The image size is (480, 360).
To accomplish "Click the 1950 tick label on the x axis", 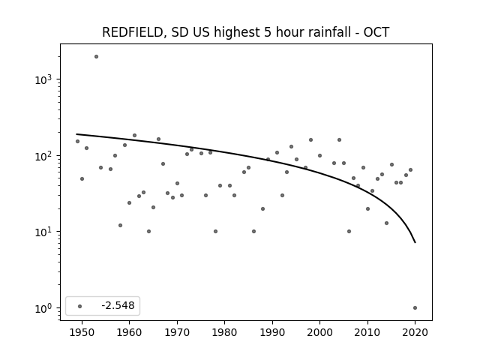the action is coord(82,332).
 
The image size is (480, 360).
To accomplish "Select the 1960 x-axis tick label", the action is coord(129,332).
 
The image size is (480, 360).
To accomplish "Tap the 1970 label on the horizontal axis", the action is coord(177,332).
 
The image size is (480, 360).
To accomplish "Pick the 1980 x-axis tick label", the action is coord(224,332).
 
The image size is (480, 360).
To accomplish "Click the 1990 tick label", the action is coord(272,332).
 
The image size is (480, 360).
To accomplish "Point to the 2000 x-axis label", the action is coord(320,332).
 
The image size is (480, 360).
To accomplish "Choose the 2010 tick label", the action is coord(367,332).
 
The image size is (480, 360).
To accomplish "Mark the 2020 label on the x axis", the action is coord(415,332).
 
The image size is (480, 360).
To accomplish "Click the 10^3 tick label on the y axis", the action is coord(43,79).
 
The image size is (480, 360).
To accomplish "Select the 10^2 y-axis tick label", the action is coord(43,156).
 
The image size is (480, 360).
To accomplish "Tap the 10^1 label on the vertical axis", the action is coord(43,232).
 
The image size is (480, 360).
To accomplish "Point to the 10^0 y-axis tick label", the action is coord(43,308).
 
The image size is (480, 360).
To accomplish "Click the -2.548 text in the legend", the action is coord(118,305).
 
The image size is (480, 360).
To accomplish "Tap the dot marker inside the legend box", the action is coord(80,306).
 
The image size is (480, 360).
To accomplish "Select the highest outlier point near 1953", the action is coord(96,57).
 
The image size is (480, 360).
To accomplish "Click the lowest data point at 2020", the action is coord(415,308).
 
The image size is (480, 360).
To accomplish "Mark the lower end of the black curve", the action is coord(415,243).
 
